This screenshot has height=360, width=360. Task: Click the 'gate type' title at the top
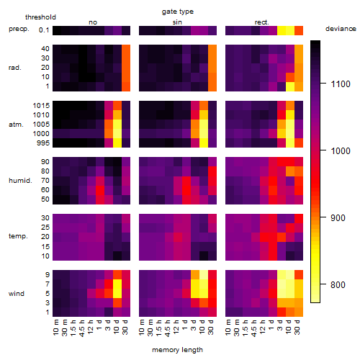click(178, 12)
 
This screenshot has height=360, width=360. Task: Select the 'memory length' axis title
click(177, 350)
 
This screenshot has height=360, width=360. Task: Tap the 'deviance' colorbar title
click(341, 29)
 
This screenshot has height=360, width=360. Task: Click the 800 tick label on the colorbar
click(338, 285)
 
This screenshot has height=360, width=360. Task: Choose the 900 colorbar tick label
click(338, 218)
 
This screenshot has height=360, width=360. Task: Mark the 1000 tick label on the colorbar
click(341, 151)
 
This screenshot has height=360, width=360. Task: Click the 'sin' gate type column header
click(177, 22)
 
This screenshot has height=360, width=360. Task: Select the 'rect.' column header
click(262, 22)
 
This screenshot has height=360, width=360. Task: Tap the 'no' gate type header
click(93, 22)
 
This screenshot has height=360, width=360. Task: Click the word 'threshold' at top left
click(40, 17)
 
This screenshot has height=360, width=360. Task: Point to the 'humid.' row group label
click(20, 181)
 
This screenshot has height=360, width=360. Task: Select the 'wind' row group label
click(17, 294)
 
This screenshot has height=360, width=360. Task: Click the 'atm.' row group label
click(16, 125)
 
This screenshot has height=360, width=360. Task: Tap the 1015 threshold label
click(41, 106)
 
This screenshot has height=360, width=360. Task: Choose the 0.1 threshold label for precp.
click(44, 30)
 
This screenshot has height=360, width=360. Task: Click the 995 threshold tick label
click(43, 143)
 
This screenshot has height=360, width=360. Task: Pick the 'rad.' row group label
click(15, 68)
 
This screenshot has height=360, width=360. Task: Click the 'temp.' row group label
click(18, 236)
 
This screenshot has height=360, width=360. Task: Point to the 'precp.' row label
click(19, 29)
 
